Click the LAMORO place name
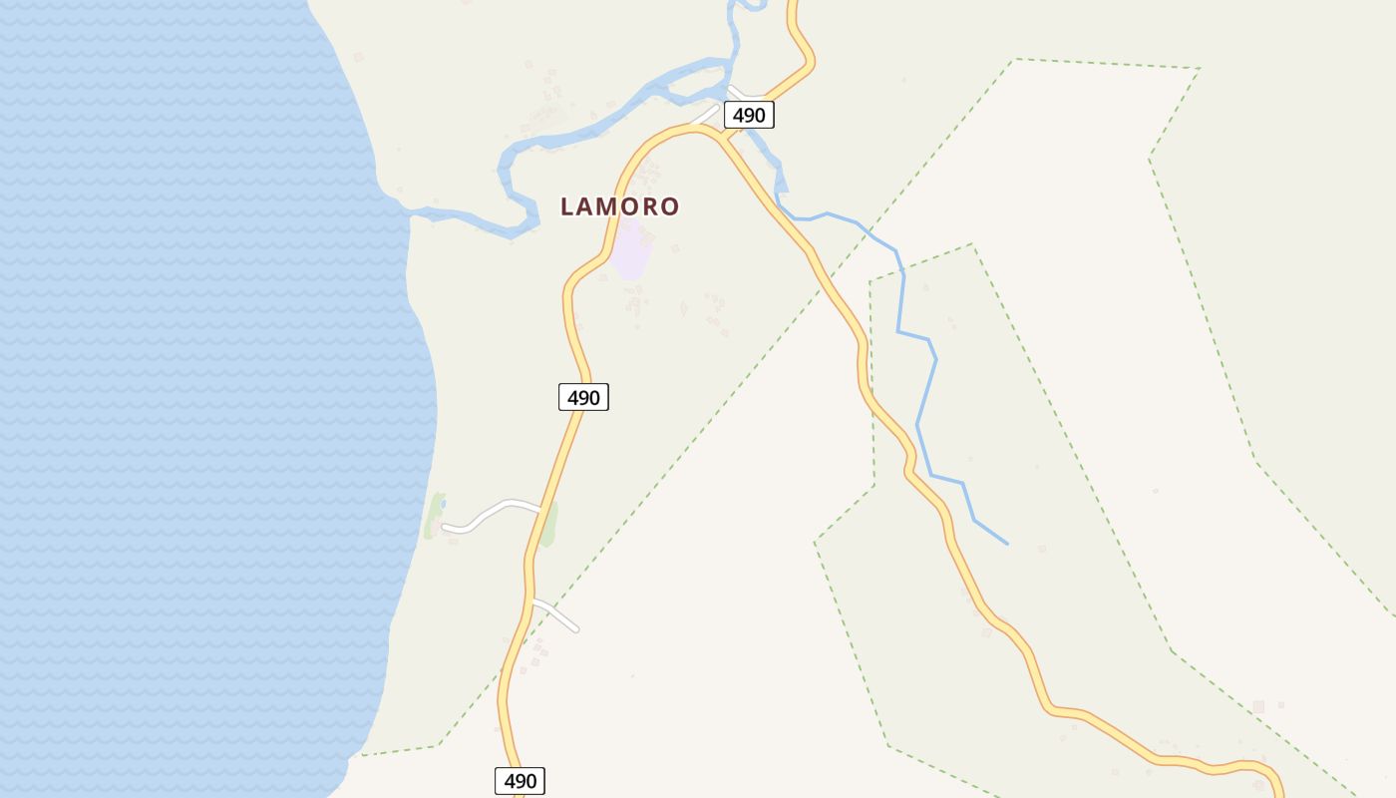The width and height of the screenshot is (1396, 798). click(x=619, y=206)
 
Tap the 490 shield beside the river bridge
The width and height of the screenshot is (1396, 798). click(x=749, y=116)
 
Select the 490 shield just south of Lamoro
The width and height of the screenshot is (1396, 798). click(x=583, y=398)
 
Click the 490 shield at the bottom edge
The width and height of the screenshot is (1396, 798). click(x=520, y=781)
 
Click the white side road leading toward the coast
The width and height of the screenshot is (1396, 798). click(x=494, y=511)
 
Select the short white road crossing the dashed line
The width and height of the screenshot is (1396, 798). click(x=556, y=616)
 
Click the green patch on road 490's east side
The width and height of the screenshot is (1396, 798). click(x=548, y=524)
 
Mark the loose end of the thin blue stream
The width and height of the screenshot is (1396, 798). click(x=1007, y=544)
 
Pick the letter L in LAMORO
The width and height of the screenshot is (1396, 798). click(x=568, y=206)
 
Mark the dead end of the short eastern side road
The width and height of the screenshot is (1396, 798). click(x=576, y=629)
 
